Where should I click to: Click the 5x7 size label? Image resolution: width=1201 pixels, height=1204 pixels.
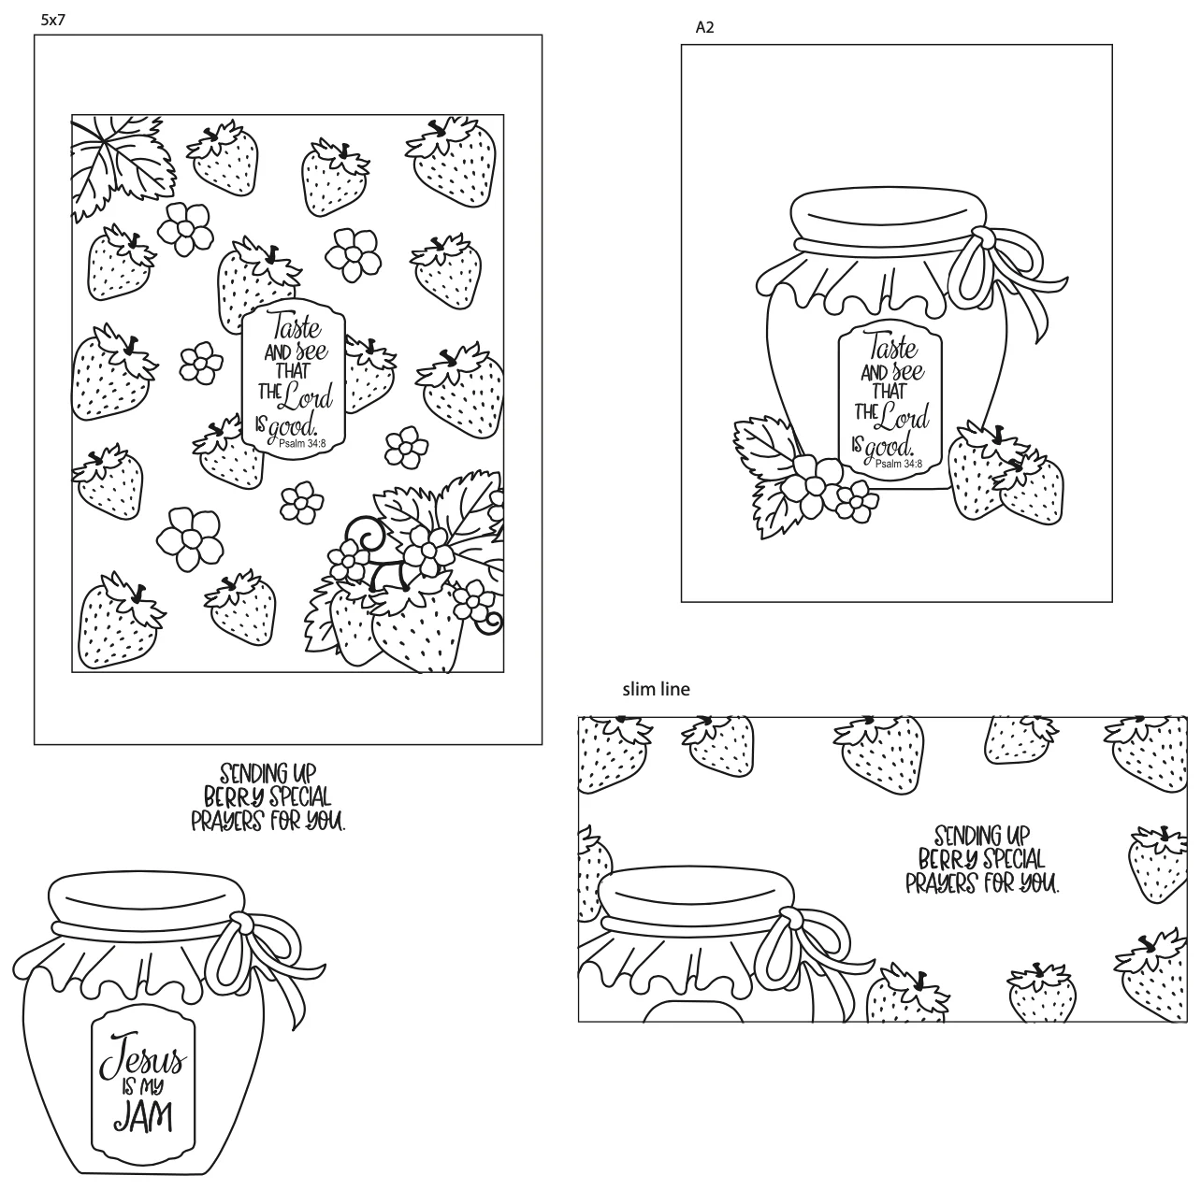[x=53, y=20]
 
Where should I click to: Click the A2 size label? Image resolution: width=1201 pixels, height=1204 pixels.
[x=704, y=27]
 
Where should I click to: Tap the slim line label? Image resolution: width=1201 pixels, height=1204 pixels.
[x=656, y=689]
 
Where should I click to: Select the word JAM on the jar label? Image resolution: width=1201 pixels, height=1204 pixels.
[x=143, y=1117]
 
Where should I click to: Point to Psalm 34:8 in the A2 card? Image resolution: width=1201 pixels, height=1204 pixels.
[x=898, y=464]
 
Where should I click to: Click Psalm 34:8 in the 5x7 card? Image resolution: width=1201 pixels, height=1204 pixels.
[x=302, y=444]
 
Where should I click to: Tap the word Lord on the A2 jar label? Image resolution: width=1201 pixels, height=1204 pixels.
[x=904, y=415]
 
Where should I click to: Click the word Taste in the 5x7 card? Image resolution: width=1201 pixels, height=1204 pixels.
[x=297, y=325]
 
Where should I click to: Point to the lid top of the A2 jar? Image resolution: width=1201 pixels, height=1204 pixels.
[x=887, y=218]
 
